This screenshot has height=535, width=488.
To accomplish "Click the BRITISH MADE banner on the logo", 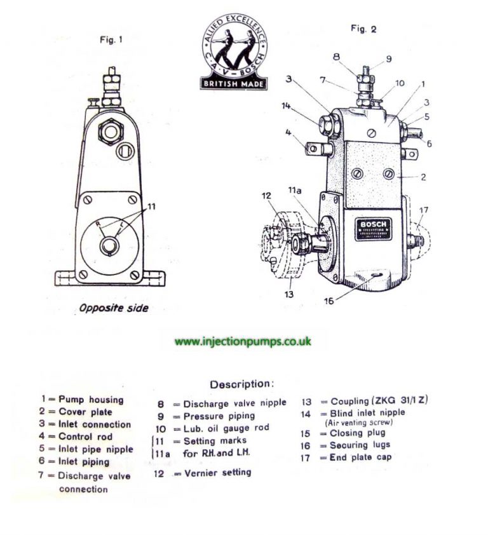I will (x=234, y=83).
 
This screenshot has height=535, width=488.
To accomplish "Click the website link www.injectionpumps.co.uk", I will (x=243, y=341).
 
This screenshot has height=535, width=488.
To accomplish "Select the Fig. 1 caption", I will (x=111, y=40).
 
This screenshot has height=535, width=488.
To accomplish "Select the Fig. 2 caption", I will (x=363, y=29).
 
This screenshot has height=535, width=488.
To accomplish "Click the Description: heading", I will (x=242, y=384).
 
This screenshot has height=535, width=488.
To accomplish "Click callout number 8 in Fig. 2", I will (x=337, y=56).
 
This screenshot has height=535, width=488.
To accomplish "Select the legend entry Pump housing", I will (x=90, y=400).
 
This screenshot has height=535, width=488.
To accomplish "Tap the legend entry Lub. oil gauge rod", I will (x=226, y=428).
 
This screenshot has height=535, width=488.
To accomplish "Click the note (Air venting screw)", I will (x=360, y=422).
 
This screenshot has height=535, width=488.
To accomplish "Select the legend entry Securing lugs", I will (x=360, y=445).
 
